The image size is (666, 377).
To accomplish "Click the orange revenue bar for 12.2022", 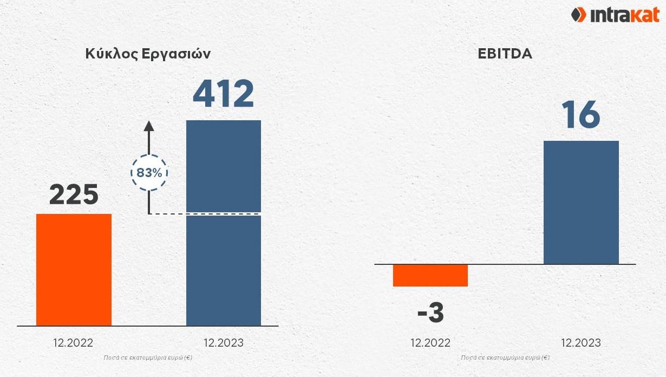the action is pos(74,270).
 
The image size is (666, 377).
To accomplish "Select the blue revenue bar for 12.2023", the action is pos(224,223).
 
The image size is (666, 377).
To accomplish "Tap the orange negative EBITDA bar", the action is pos(430,275).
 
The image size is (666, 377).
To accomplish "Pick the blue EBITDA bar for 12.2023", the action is pos(582,203).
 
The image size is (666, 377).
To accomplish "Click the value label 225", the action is pos(74,194).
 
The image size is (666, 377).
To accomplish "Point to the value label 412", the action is pos(224,94).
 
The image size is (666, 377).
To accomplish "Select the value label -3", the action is pos(430,313).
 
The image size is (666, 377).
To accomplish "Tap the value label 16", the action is pos(580,114).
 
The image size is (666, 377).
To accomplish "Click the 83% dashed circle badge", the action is pos(149,173).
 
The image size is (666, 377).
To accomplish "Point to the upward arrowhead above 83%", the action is pos(149,126).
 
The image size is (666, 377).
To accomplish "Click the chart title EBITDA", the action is pos(505,54).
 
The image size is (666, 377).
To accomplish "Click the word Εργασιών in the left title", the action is pos(176,54).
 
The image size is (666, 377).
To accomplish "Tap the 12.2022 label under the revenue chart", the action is pos(73,343).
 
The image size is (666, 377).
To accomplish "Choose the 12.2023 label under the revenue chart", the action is pos(224,343).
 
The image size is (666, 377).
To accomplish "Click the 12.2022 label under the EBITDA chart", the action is pos(430,343).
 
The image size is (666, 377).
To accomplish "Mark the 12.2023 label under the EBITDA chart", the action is pos(581,343).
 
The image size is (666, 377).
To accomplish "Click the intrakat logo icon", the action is pos(578,15).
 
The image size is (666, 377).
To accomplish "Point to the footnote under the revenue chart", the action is pos(148,357).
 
